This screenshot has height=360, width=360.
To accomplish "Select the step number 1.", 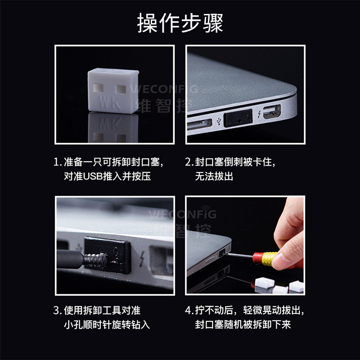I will click(57, 162).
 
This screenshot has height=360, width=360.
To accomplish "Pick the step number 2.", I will click(189, 162).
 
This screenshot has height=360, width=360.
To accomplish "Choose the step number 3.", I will click(57, 310).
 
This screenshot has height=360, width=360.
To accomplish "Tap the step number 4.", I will click(189, 310).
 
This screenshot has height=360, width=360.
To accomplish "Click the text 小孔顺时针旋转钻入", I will click(107, 324).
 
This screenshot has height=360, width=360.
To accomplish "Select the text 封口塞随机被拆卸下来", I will click(243, 324).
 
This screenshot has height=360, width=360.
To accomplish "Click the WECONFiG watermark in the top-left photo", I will click(164, 88).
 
